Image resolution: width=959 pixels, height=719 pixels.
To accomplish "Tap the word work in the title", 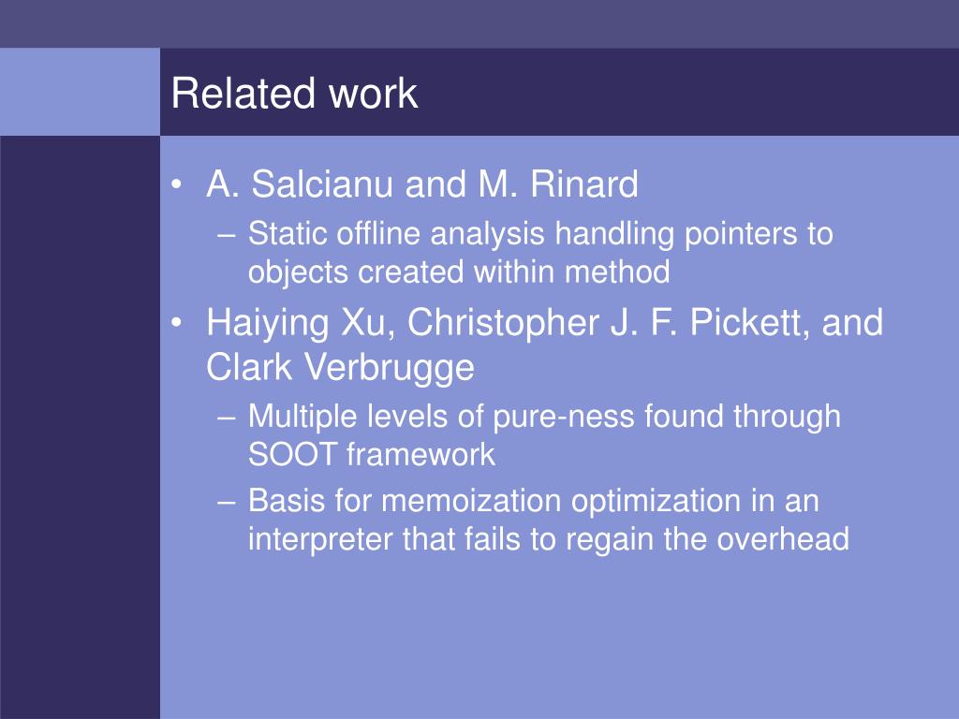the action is (373, 94).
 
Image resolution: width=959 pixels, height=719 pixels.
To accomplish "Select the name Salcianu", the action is (322, 184).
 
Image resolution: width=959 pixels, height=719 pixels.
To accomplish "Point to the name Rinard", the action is (584, 184).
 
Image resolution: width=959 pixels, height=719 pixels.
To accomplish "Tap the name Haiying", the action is (268, 324).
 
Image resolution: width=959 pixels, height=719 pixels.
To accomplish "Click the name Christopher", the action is (503, 323).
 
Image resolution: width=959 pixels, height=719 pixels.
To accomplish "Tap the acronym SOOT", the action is (292, 455).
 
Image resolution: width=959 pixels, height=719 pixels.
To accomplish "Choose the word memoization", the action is (471, 501).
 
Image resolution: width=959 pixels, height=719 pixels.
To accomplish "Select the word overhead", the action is (783, 538).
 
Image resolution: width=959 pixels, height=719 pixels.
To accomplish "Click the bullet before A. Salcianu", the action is (177, 184).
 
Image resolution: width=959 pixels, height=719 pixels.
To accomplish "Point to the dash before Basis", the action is (227, 502).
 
